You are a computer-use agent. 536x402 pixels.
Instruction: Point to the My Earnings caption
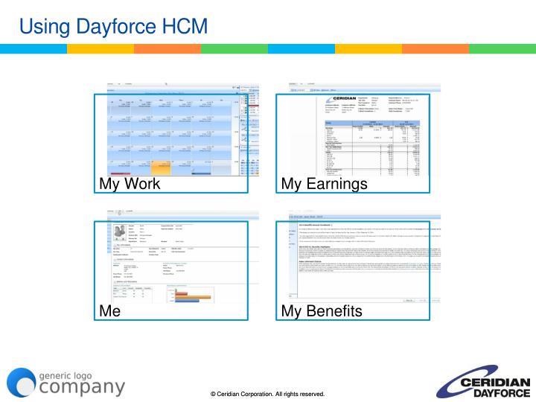click(x=325, y=184)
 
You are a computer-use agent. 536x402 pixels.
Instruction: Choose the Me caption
click(x=110, y=311)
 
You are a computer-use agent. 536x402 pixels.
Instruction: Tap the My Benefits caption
click(x=322, y=311)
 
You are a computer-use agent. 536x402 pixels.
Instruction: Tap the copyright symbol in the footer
click(x=213, y=393)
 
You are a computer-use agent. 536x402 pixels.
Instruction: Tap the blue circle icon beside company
click(x=22, y=382)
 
